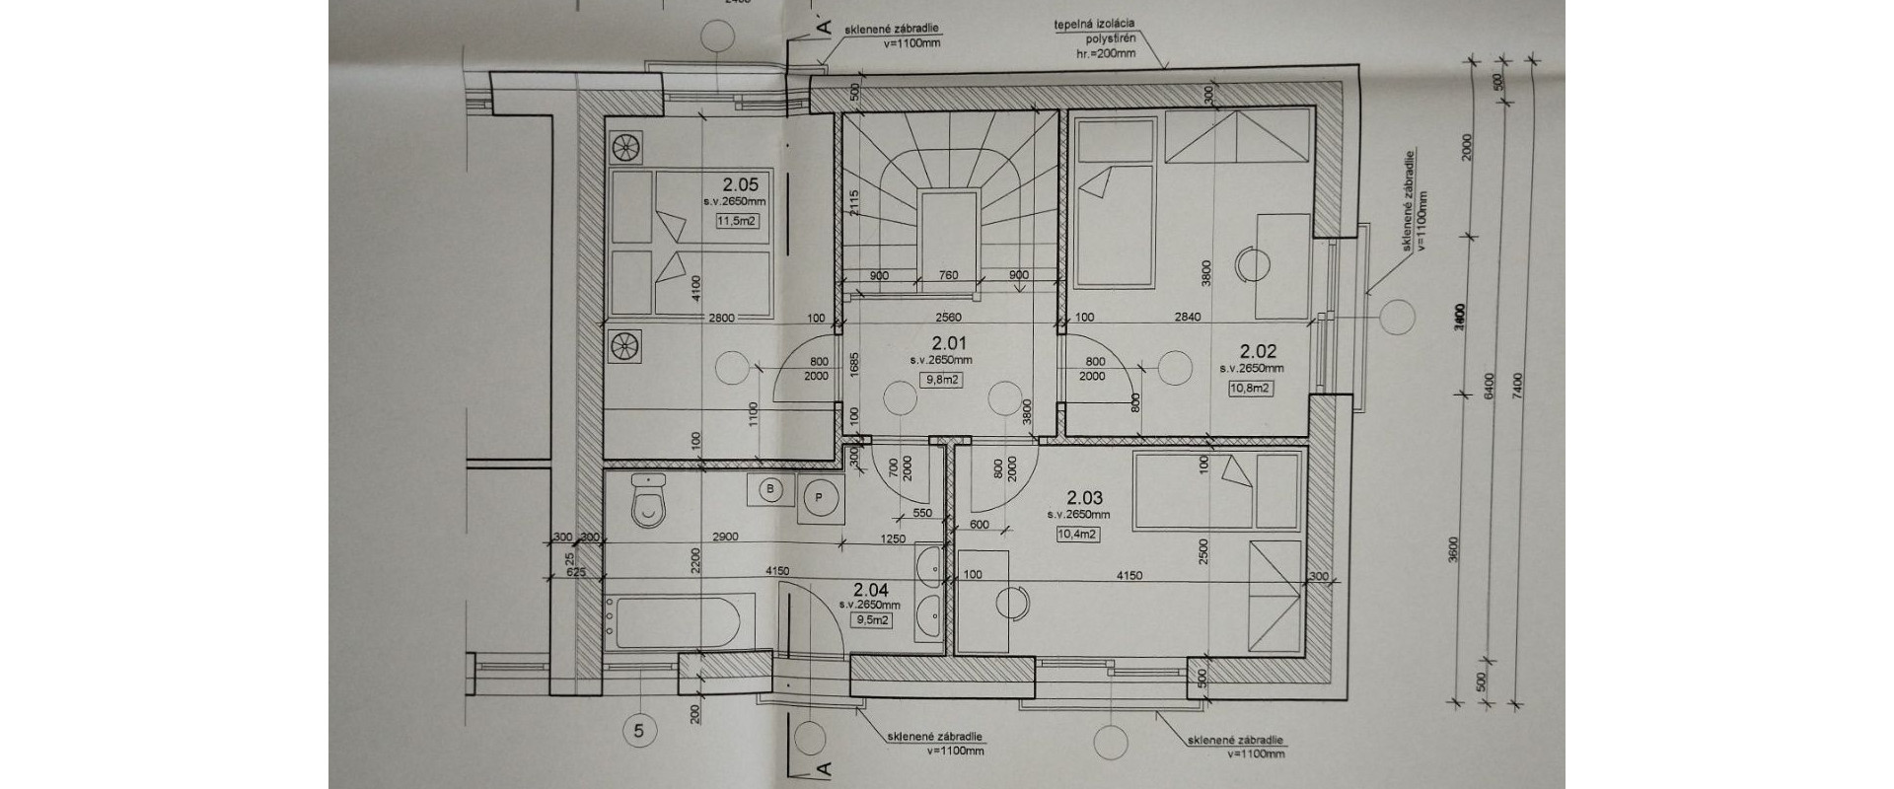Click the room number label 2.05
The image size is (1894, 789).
pyautogui.click(x=740, y=183)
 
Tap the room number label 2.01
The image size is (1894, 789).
pyautogui.click(x=949, y=344)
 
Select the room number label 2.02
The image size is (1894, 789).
pyautogui.click(x=1259, y=350)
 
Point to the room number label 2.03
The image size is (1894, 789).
pyautogui.click(x=1085, y=498)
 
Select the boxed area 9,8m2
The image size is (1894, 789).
pyautogui.click(x=943, y=378)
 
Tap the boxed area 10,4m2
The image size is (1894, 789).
pyautogui.click(x=1078, y=535)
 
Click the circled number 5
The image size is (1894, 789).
pyautogui.click(x=640, y=731)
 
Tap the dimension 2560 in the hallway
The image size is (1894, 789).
pyautogui.click(x=949, y=317)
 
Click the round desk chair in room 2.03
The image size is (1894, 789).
pyautogui.click(x=1012, y=602)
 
